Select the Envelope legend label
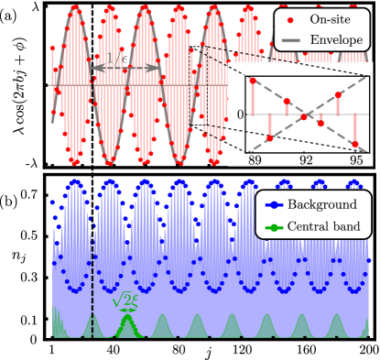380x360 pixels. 336,40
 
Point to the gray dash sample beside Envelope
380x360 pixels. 292,40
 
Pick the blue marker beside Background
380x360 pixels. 273,206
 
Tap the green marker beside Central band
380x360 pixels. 273,226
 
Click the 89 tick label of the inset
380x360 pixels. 255,159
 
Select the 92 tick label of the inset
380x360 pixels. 307,159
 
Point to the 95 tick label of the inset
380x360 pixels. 357,159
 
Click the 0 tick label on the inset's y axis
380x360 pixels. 240,115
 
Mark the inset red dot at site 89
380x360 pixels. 253,81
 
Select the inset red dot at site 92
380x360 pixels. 304,115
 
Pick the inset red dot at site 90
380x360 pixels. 270,138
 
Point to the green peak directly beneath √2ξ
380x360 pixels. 126,322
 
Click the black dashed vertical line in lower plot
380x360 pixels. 92,275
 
